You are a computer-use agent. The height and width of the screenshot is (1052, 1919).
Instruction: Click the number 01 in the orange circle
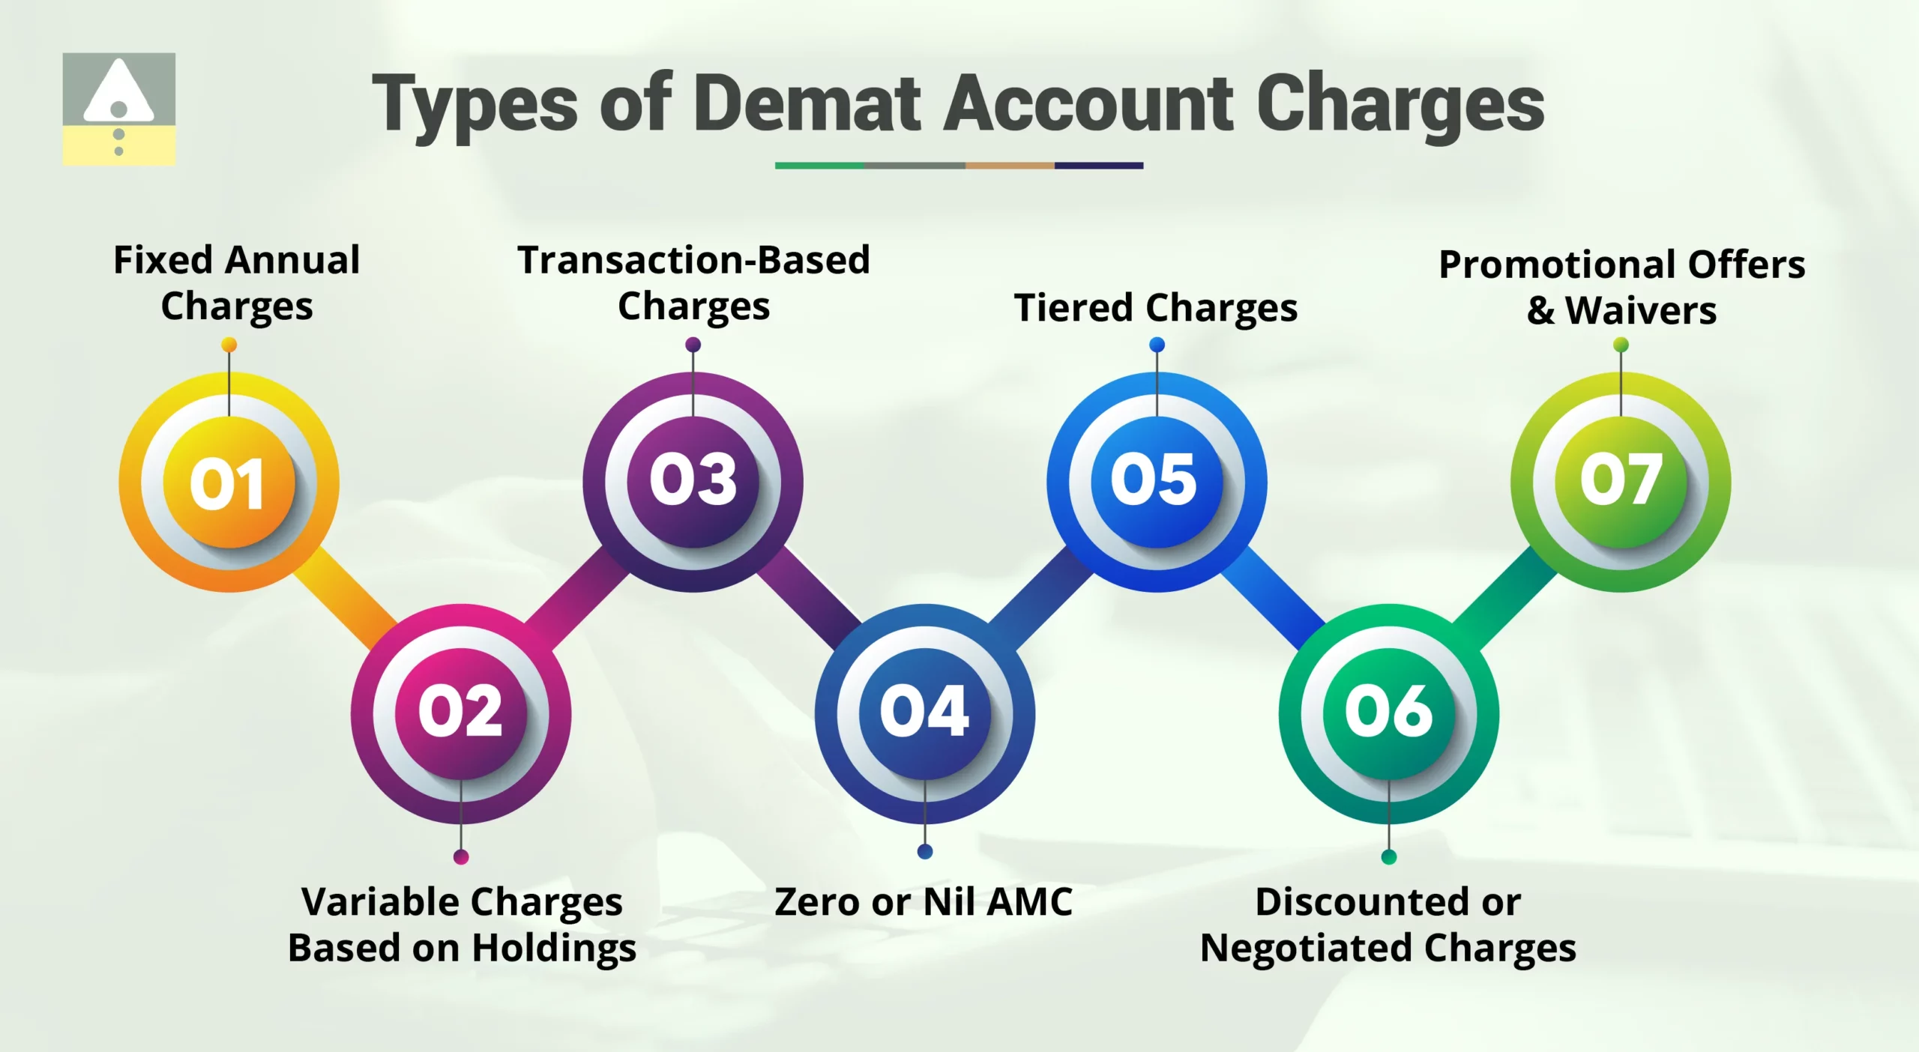pos(228,483)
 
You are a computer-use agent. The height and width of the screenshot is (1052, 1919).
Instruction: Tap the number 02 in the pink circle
pos(460,711)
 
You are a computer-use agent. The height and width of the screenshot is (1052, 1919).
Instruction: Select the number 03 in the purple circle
pos(693,480)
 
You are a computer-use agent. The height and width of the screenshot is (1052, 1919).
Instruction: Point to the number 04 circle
pos(924,711)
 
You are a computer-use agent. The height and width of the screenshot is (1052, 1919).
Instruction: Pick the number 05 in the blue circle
pos(1154,480)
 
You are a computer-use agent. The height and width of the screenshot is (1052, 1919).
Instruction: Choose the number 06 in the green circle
pos(1388,711)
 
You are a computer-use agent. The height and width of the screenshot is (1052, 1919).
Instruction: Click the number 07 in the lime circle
pos(1621,480)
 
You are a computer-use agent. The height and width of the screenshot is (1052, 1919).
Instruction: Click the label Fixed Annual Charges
pos(237,283)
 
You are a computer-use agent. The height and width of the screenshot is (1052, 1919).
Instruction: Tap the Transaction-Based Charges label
pos(693,283)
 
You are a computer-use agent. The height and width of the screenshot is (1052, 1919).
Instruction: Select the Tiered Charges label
pos(1155,308)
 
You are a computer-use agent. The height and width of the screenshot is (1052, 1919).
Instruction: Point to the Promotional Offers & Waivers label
pos(1621,287)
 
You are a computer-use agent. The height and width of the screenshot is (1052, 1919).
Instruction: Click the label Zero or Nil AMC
pos(924,901)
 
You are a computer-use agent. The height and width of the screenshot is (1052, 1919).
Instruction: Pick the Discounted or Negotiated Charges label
pos(1388,925)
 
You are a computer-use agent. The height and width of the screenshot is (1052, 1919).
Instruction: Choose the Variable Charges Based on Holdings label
pos(462,925)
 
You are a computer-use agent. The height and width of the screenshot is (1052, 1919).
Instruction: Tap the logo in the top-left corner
pos(119,109)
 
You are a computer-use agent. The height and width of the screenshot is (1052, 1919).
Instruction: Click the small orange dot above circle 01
pos(229,345)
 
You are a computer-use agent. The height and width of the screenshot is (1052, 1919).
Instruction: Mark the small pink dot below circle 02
pos(461,856)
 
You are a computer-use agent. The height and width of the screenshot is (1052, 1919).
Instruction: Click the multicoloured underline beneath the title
pos(959,166)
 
